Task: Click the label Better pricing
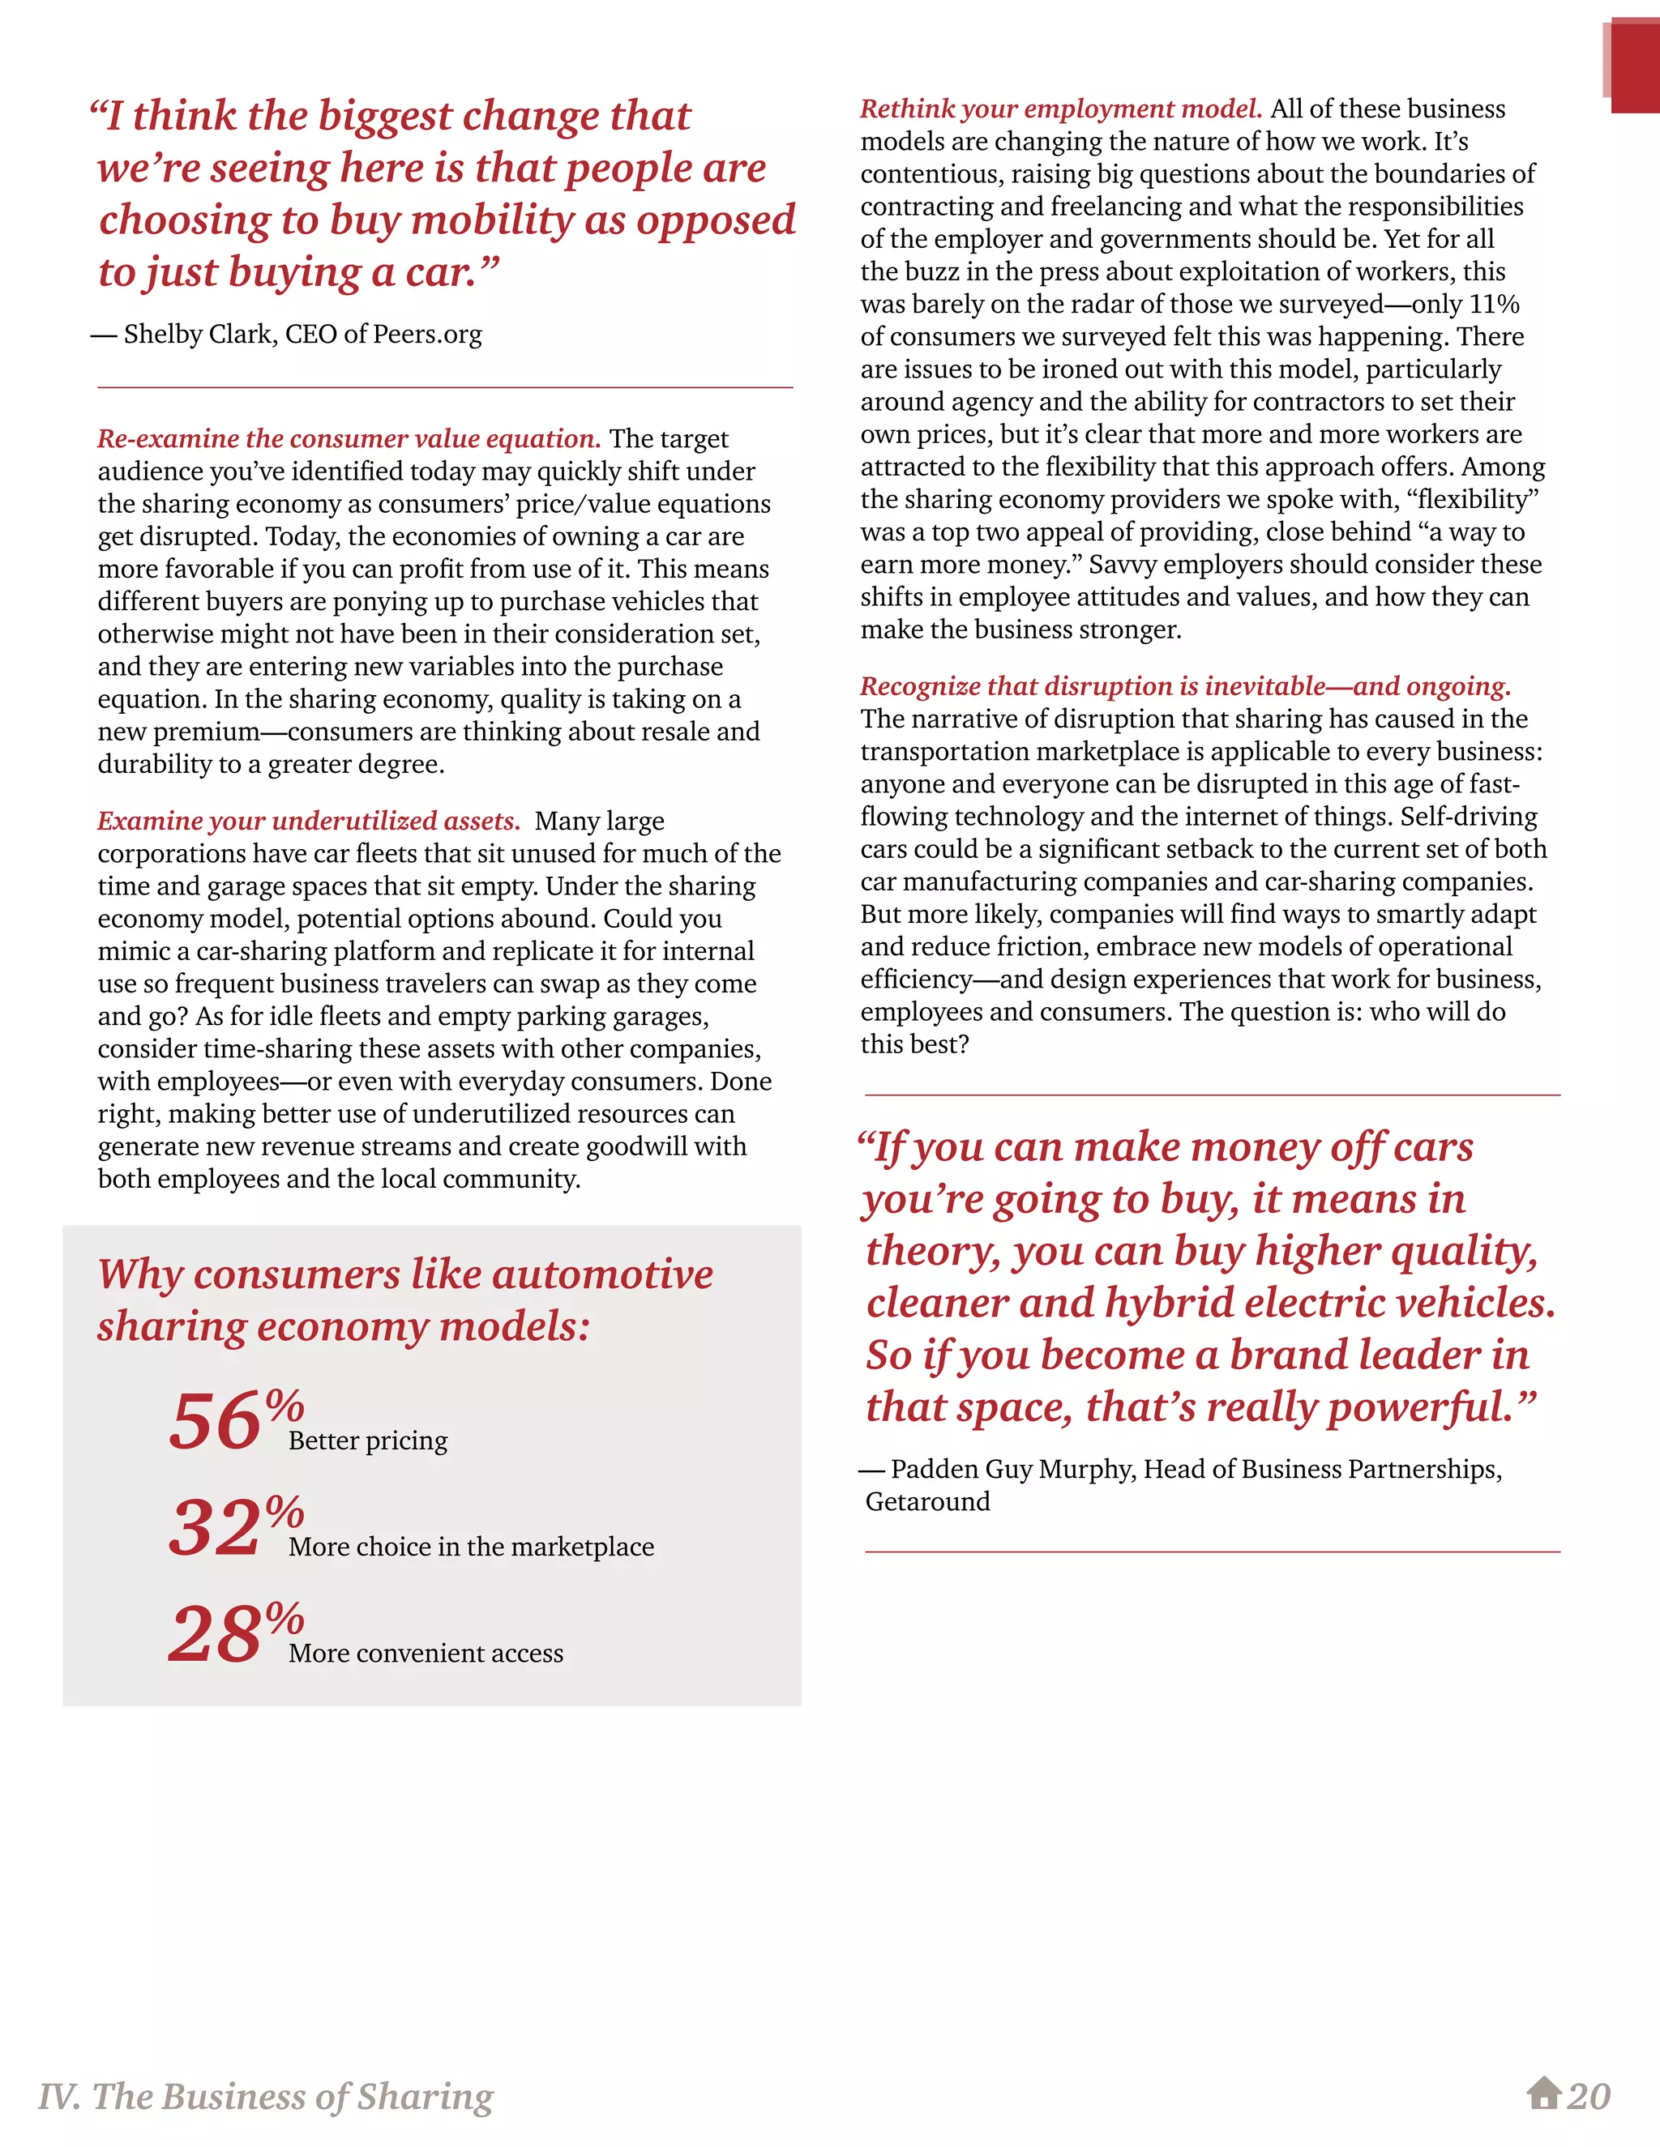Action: [x=368, y=1441]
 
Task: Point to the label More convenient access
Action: [x=426, y=1654]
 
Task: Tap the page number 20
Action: [x=1589, y=2097]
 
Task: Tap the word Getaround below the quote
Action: [x=927, y=1501]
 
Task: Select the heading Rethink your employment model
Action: [x=1061, y=109]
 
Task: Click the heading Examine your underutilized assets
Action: [x=309, y=821]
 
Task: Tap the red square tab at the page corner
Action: [x=1633, y=67]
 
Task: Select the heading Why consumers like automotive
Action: [x=405, y=1274]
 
